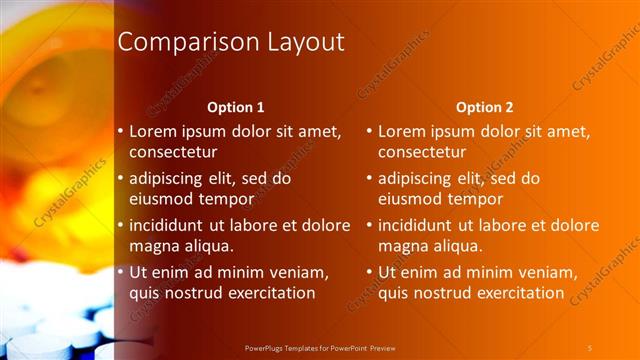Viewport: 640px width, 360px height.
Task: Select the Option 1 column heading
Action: coord(236,107)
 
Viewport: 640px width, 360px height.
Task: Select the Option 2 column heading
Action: coord(485,107)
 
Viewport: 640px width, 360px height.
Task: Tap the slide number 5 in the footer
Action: coord(590,347)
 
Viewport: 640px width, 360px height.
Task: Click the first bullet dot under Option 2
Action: coord(368,131)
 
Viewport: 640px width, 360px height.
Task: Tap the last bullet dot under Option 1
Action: coord(120,272)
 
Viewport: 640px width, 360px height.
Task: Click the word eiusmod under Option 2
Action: coord(412,198)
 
